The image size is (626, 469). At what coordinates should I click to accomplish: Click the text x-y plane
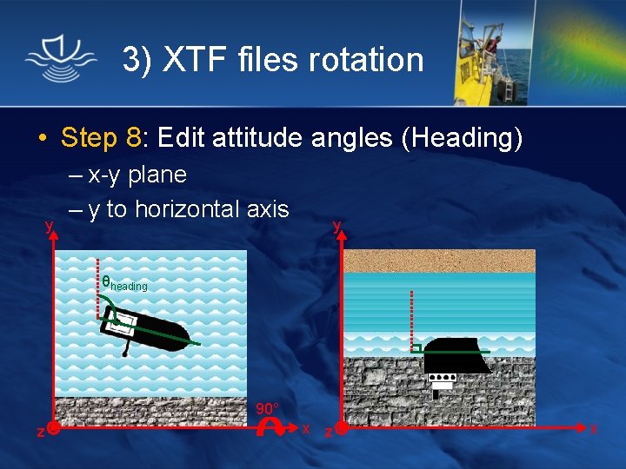click(x=137, y=175)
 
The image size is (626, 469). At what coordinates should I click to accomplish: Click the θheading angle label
click(x=124, y=283)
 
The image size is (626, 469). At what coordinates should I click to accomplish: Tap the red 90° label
click(x=268, y=408)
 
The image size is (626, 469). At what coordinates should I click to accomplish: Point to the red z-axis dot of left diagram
click(x=54, y=429)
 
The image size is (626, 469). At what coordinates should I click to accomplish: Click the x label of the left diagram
click(x=306, y=429)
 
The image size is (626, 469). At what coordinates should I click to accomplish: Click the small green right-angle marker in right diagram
click(x=417, y=349)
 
